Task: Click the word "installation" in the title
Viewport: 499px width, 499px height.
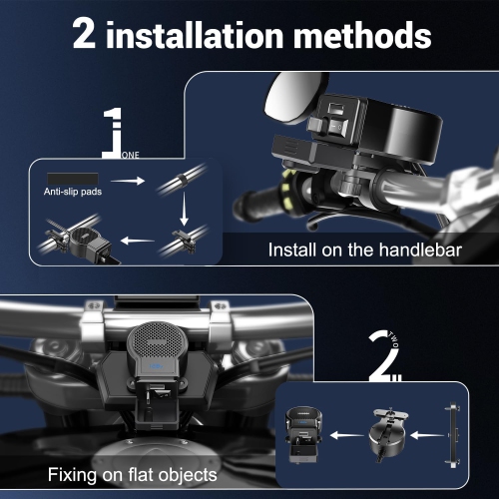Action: [x=195, y=35]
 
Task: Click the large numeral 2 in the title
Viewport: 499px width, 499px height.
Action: [x=84, y=33]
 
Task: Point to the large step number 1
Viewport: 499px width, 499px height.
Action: [x=113, y=133]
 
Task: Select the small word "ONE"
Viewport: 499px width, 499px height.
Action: [x=131, y=155]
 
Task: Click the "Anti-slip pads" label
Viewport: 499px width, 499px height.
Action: [x=73, y=192]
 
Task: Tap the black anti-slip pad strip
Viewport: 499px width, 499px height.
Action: [x=73, y=179]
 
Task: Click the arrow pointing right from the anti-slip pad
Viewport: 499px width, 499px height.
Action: [x=128, y=181]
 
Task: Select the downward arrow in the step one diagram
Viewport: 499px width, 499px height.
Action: [x=184, y=209]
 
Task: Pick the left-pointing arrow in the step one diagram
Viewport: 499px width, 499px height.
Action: [x=138, y=240]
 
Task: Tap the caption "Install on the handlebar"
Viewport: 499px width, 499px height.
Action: [x=365, y=249]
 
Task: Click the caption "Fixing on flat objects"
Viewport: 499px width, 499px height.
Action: [x=133, y=474]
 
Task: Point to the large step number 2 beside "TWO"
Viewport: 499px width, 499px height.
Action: [x=384, y=356]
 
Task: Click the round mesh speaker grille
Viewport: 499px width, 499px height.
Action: [x=156, y=338]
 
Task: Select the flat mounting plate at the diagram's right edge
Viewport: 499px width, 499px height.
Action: [x=453, y=434]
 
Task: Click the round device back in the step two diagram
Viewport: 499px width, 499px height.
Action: [x=387, y=432]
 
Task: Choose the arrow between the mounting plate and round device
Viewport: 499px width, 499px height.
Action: [x=427, y=435]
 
